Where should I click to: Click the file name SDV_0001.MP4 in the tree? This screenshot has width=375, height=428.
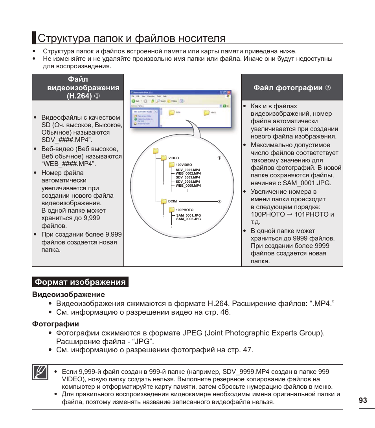tap(187, 169)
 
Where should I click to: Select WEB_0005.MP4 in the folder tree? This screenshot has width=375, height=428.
tap(188, 186)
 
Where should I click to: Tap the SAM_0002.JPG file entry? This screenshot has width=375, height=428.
tap(188, 219)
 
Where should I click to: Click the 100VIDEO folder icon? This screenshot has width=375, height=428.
tap(171, 165)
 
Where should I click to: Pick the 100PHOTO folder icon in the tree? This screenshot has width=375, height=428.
tap(172, 210)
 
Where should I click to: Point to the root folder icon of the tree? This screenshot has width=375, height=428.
tap(156, 151)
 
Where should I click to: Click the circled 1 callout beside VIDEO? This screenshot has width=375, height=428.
tap(220, 158)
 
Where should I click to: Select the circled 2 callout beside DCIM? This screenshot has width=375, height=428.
tap(220, 202)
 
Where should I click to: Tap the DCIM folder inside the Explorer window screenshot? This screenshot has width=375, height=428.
tap(172, 113)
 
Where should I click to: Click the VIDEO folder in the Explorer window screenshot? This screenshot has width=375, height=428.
tap(207, 113)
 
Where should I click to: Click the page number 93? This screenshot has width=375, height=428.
tap(363, 400)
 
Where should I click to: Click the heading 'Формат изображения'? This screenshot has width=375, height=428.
tap(80, 282)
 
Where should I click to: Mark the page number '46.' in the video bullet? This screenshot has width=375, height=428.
tap(224, 312)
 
